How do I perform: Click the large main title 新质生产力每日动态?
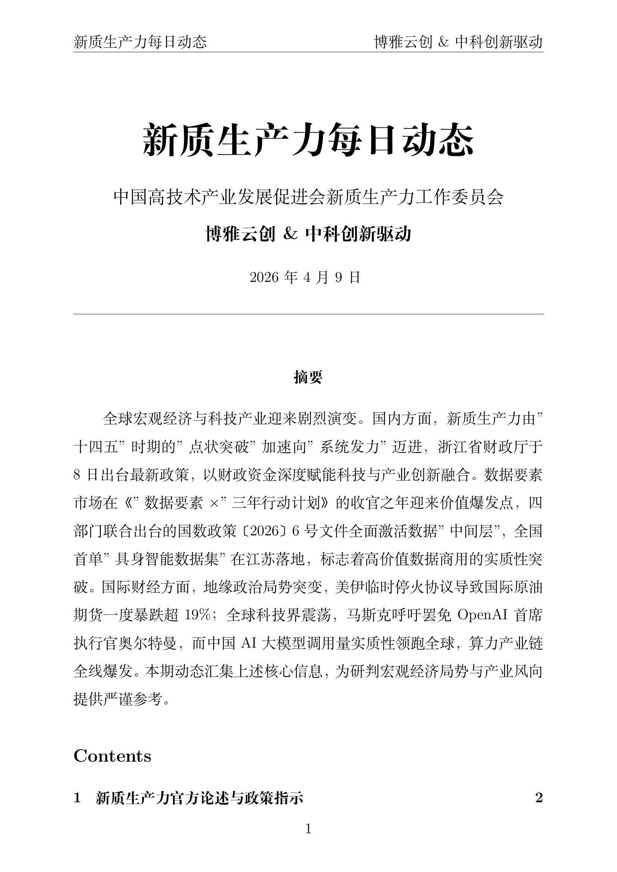[308, 140]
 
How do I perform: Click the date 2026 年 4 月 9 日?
[305, 278]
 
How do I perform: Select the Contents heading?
[112, 756]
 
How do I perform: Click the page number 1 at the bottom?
[308, 828]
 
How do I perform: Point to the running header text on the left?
[140, 42]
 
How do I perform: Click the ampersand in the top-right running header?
[444, 42]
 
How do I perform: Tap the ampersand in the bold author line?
[290, 234]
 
